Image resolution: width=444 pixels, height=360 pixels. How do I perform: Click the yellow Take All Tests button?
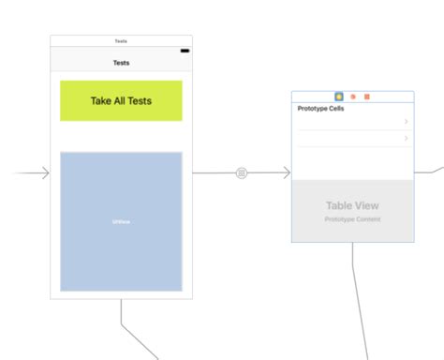(x=121, y=100)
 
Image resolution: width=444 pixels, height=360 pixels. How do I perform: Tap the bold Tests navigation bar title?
(x=121, y=63)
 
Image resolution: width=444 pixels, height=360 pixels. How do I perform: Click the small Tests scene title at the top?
(x=121, y=41)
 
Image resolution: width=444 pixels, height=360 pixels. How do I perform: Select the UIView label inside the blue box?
(x=121, y=222)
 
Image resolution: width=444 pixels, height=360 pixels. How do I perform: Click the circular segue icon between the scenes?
(x=242, y=173)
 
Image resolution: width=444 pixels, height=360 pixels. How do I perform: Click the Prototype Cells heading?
(x=320, y=109)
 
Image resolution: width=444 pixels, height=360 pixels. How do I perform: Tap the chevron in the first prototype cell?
(x=406, y=121)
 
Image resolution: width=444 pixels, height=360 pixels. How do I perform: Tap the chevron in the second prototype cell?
(x=406, y=138)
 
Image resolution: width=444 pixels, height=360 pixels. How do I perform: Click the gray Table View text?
(x=352, y=205)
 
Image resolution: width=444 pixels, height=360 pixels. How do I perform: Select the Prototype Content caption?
(x=352, y=219)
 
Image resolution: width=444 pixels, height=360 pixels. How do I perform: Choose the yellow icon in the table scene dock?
(x=338, y=97)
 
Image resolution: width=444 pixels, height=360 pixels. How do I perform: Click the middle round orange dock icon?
(x=353, y=97)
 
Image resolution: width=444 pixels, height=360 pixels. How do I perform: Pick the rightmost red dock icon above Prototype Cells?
(x=367, y=97)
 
